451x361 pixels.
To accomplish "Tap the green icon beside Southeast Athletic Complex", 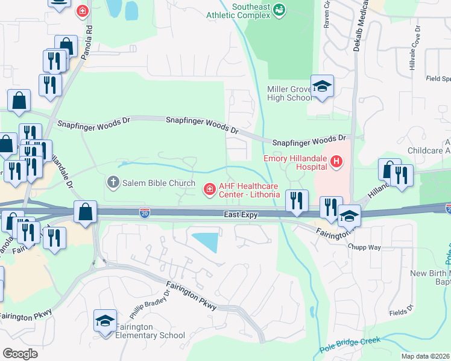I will pos(279,9).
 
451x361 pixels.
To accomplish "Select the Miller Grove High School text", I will pos(289,94).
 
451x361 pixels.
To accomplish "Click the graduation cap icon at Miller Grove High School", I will pos(322,86).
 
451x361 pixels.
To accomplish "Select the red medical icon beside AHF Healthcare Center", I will pos(209,190).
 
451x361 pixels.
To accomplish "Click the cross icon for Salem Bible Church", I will pos(113,182).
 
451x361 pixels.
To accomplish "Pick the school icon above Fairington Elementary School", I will pos(105,320).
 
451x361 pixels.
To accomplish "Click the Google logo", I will pos(20,353).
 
